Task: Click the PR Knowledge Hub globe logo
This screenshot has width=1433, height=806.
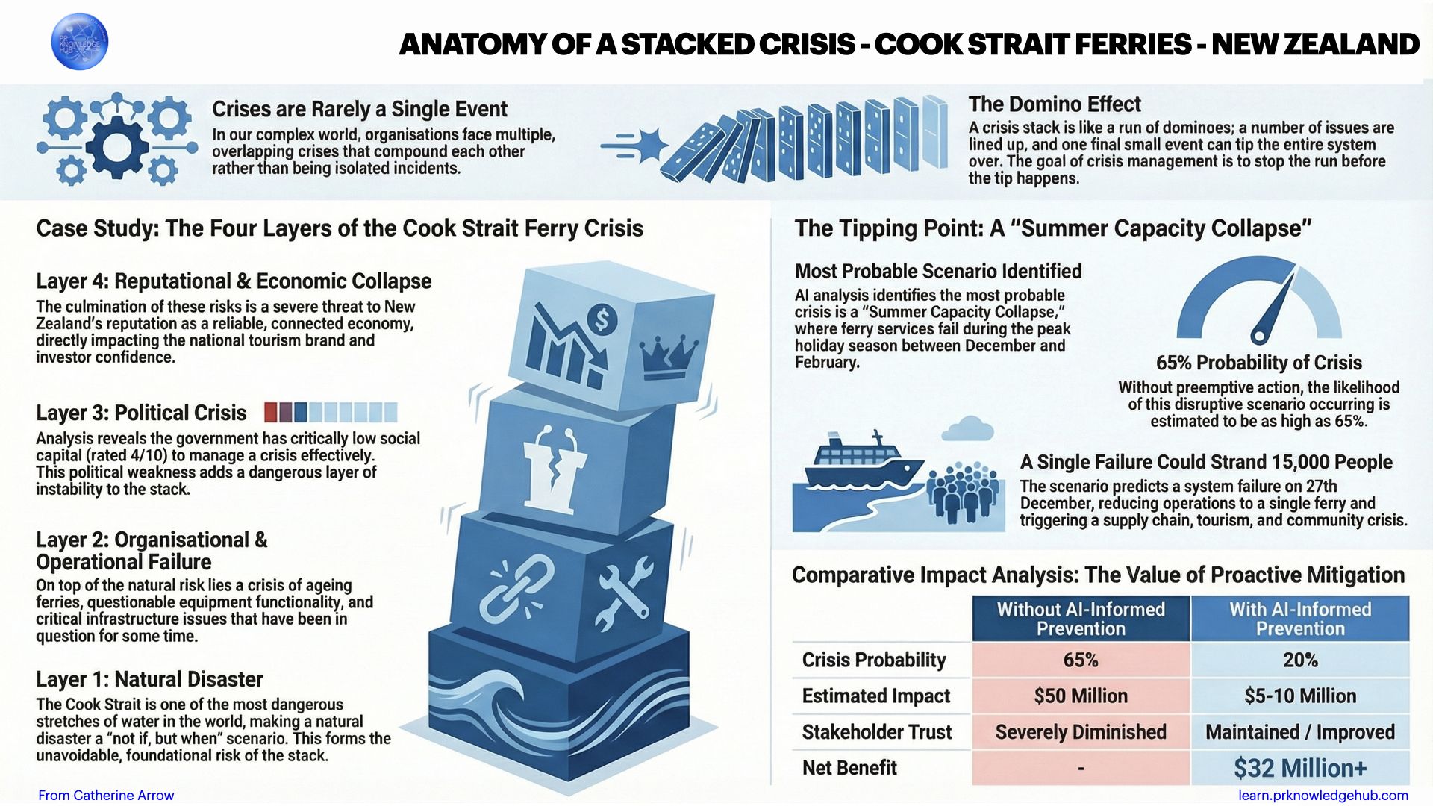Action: point(79,42)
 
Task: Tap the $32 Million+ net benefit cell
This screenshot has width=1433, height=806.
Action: point(1299,768)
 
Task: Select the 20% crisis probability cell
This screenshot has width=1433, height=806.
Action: point(1299,660)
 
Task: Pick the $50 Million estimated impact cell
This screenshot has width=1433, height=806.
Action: point(1080,696)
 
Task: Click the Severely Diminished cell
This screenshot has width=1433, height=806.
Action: point(1080,732)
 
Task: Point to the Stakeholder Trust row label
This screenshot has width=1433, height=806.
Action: point(876,732)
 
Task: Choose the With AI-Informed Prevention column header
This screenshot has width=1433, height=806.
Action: point(1299,619)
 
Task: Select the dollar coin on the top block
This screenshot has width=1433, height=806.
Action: point(602,321)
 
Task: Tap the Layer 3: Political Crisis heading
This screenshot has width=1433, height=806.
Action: point(141,413)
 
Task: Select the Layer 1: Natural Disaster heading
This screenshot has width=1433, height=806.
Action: point(149,679)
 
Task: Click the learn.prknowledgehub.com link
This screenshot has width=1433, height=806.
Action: point(1323,795)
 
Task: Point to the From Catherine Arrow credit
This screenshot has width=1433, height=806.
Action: point(106,795)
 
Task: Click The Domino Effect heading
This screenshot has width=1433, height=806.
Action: point(1055,104)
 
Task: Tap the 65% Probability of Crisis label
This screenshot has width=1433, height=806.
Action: point(1258,363)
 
